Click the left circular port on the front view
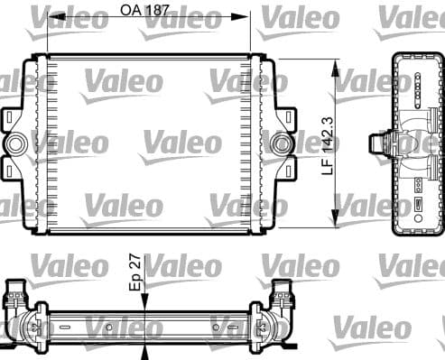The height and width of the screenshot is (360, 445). coord(15,143)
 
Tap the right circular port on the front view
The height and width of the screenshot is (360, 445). coord(283,143)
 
